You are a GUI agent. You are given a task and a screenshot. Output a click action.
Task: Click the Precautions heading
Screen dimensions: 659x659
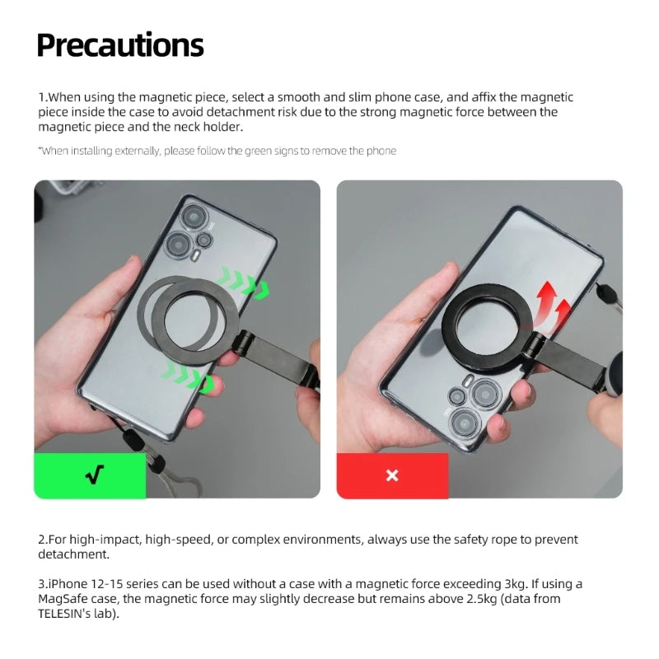coord(120,45)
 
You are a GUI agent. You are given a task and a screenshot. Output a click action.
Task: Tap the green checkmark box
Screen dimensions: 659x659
coord(90,475)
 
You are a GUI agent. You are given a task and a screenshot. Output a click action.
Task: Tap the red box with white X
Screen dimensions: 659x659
coord(392,475)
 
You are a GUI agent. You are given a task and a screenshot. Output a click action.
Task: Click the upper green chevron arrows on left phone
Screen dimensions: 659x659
coord(245,283)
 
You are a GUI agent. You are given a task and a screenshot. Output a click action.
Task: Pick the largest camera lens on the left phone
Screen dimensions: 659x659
coord(179,244)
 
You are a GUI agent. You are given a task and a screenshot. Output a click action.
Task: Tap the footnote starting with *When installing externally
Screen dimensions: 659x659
coord(217,151)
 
